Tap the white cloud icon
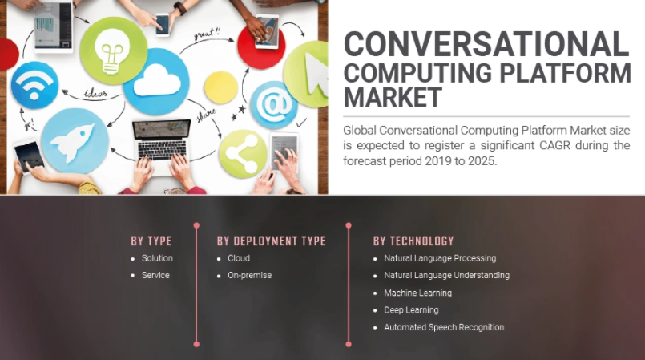point(156,81)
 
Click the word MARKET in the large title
point(393,98)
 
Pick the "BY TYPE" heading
point(151,241)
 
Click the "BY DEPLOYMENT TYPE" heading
point(271,241)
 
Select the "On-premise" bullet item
point(250,276)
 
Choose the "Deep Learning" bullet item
point(411,310)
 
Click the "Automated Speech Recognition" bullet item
point(444,327)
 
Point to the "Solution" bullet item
point(157,258)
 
